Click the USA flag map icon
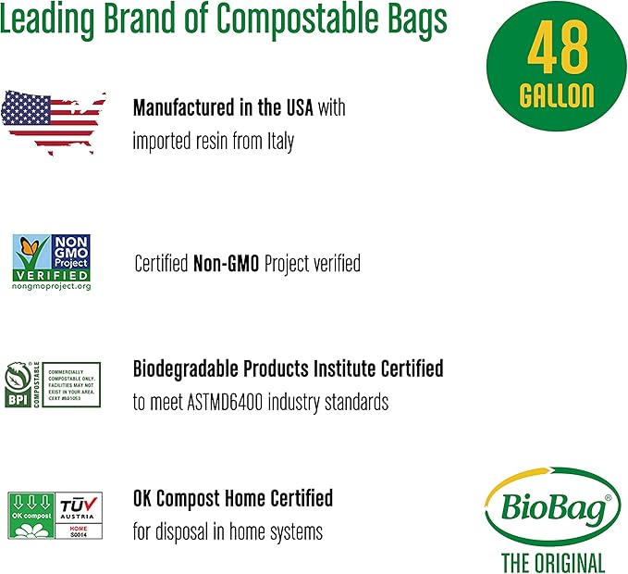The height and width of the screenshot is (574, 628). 53,116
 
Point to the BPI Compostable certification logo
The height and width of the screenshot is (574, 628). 53,384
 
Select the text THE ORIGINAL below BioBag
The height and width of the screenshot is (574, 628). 553,561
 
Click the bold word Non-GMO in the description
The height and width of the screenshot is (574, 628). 226,264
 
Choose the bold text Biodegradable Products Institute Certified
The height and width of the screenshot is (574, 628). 288,368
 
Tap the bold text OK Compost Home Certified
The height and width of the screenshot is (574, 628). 232,499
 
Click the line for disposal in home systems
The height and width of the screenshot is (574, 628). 228,532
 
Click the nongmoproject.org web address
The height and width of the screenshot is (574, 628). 51,287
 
